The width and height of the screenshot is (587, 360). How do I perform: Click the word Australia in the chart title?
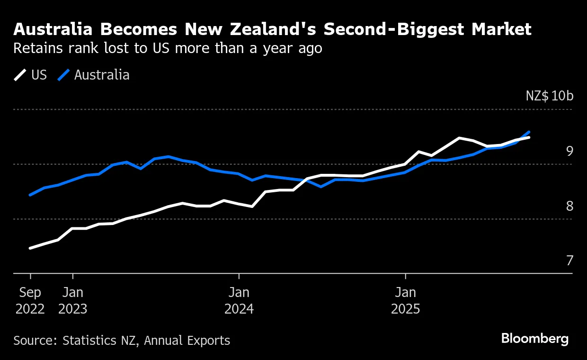point(53,30)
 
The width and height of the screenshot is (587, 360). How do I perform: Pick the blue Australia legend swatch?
point(64,75)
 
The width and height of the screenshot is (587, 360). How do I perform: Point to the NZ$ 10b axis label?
point(549,96)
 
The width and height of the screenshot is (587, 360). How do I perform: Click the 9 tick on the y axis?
point(569,151)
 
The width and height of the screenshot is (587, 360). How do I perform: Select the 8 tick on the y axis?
point(569,206)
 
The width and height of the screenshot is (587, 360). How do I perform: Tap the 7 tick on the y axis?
point(569,261)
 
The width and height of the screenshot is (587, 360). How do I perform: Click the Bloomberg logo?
point(535,339)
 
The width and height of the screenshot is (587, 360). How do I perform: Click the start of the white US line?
point(30,248)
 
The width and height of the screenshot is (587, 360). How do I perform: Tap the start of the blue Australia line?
point(30,195)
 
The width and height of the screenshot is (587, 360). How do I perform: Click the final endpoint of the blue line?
point(529,132)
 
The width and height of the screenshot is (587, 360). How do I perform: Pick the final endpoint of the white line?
point(529,137)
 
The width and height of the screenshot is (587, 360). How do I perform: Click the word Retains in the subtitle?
point(34,48)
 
